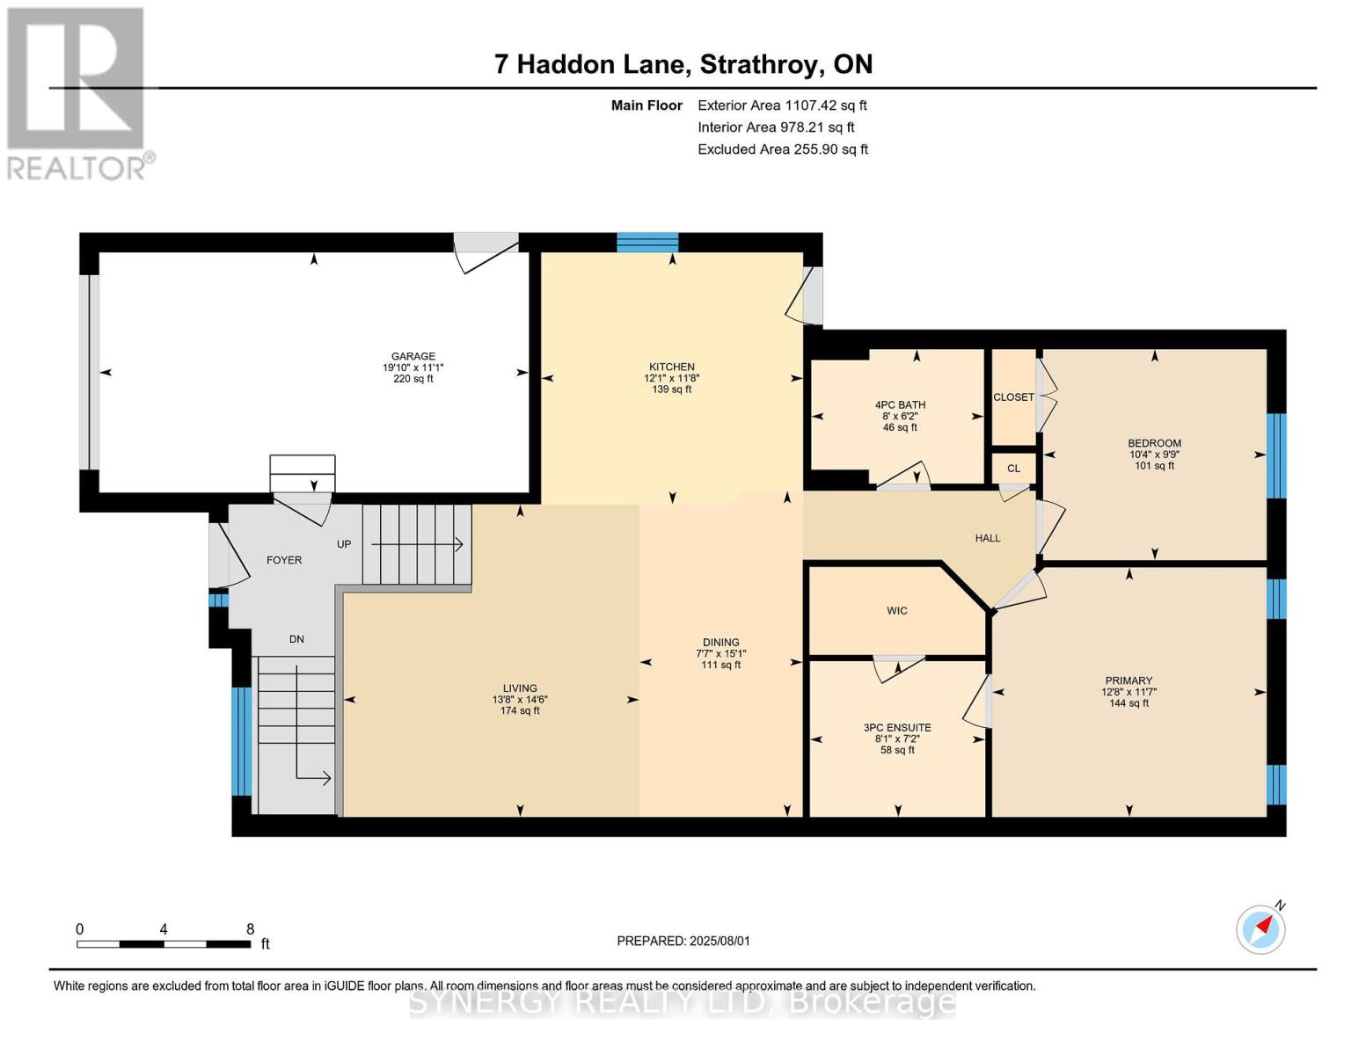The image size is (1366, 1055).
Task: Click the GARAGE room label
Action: (413, 356)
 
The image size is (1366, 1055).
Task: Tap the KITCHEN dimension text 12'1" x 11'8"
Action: (672, 378)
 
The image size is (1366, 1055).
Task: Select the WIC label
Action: (897, 611)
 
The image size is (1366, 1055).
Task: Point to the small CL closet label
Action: (1013, 469)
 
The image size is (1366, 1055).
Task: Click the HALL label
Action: (988, 538)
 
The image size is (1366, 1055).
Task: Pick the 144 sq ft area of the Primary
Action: (1129, 703)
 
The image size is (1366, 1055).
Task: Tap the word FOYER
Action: (284, 560)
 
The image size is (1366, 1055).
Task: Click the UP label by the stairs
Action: (344, 544)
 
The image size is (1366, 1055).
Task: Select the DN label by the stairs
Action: (296, 639)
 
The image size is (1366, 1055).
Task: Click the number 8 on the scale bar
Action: (250, 928)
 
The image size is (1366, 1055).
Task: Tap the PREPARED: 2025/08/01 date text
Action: (683, 941)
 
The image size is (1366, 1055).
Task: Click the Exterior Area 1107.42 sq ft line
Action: (783, 105)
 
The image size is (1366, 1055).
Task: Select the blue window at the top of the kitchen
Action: (647, 243)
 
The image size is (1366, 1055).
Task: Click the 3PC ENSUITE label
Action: (897, 728)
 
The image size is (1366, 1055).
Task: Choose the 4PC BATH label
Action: (900, 405)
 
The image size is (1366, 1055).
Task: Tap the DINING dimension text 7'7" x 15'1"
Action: (721, 653)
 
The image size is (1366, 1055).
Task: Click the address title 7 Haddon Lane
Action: (593, 64)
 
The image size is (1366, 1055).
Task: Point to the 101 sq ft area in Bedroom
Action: (1155, 466)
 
